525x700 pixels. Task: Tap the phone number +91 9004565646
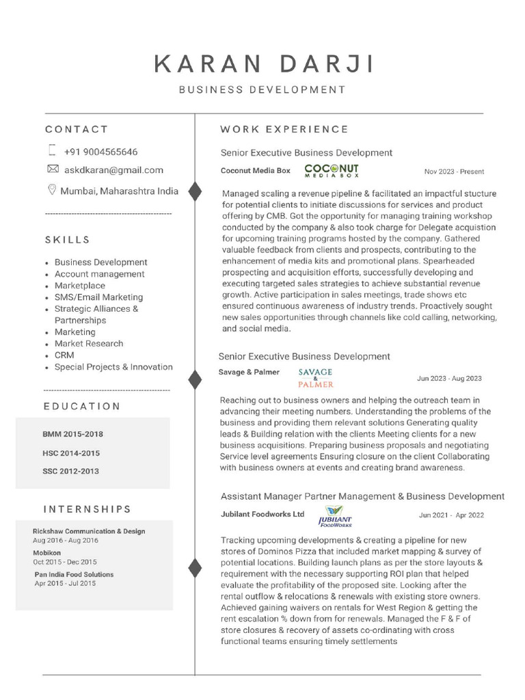tap(100, 152)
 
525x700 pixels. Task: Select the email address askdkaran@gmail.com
tap(113, 170)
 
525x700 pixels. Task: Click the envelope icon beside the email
tap(53, 169)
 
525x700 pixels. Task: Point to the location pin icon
tap(52, 190)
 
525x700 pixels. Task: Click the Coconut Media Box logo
tap(331, 170)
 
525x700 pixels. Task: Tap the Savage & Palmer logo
tap(316, 377)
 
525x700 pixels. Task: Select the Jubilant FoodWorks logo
tap(334, 517)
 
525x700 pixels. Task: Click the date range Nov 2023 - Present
tap(454, 172)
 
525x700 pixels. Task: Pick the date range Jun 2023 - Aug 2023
tap(449, 378)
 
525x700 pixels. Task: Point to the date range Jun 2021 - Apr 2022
tap(451, 515)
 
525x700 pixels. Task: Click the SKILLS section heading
tap(68, 240)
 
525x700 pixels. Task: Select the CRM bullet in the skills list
tap(64, 355)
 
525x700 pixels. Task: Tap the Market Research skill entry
tap(89, 344)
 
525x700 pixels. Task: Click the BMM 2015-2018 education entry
tap(72, 434)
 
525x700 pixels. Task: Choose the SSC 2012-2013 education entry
tap(70, 471)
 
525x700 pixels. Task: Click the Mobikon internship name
tap(47, 552)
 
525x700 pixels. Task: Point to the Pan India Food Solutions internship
tap(74, 574)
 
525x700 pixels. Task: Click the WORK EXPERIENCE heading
tap(284, 129)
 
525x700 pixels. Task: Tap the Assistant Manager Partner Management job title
tap(362, 496)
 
